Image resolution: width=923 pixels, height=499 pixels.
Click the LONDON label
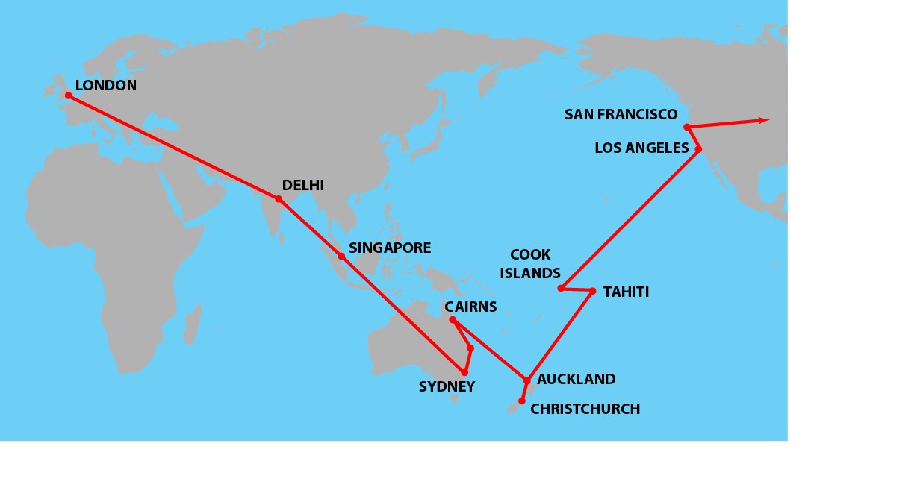point(106,86)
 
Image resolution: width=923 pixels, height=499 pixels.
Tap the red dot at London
point(68,95)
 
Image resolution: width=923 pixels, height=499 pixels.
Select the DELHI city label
point(302,186)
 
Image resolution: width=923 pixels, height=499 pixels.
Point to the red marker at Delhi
point(279,199)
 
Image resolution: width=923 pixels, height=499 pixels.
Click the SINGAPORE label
point(390,248)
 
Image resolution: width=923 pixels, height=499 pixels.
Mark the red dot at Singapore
point(341,256)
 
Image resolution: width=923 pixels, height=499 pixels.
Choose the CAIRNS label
point(470,307)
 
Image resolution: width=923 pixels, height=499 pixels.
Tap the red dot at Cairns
point(453,320)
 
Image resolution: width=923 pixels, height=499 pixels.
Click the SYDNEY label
point(447,386)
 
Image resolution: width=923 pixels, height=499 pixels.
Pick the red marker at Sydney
point(464,372)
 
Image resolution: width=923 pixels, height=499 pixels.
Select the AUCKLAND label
point(577,380)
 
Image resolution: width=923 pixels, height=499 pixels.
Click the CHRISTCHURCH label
point(585,409)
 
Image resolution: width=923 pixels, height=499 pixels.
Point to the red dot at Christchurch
point(522,401)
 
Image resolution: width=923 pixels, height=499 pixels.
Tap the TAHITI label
point(626,292)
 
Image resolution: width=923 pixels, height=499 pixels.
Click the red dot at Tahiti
point(592,291)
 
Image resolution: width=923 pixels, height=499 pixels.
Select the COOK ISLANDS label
point(530,264)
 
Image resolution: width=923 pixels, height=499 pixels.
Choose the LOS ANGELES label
point(641,148)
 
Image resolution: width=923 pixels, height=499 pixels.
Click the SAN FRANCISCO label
point(621,115)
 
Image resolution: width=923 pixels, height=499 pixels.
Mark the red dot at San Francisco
point(687,127)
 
